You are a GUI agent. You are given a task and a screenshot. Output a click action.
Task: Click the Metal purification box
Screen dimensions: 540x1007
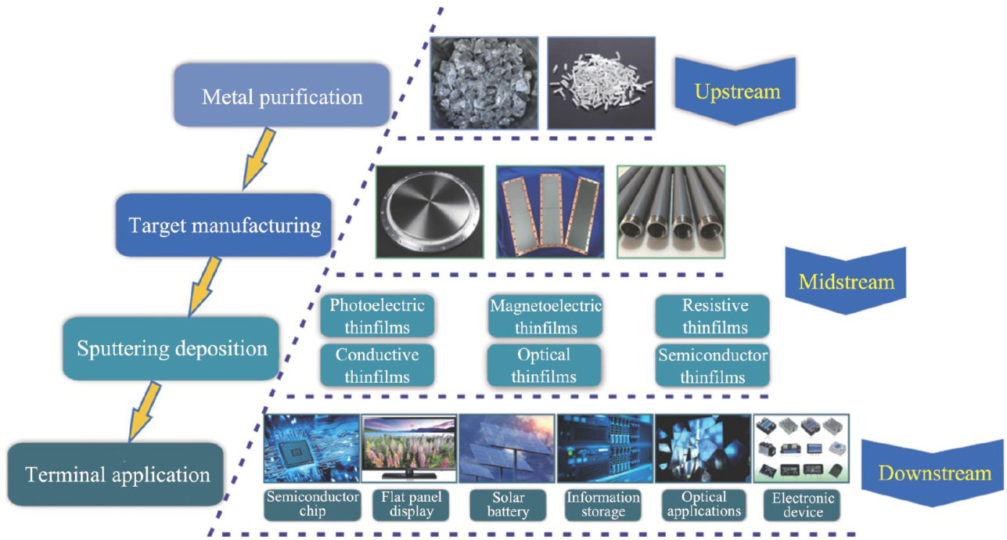pos(282,96)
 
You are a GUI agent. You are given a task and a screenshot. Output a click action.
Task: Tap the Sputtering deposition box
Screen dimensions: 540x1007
pos(171,348)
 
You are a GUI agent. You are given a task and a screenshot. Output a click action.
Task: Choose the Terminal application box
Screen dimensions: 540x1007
pos(117,474)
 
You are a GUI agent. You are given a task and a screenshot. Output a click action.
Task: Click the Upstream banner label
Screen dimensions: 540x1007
pos(737,92)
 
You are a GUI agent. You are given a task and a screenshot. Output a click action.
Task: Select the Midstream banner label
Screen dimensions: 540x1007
pos(847,280)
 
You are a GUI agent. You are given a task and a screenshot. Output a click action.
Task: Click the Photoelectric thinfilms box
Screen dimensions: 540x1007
pos(377,316)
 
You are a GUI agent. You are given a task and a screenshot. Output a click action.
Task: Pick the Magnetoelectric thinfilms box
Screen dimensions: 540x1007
pos(545,316)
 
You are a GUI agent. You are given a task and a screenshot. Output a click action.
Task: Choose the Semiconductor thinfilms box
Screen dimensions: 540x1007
pos(713,365)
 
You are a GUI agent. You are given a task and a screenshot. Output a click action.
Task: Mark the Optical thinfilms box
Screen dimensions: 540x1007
pos(544,365)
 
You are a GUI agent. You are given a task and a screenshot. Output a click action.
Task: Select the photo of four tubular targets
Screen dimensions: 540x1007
pos(671,211)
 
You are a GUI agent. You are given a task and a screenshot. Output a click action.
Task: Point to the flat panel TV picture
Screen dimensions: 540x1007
pos(409,448)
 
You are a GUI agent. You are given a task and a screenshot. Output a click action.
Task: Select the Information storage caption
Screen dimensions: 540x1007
pos(603,505)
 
